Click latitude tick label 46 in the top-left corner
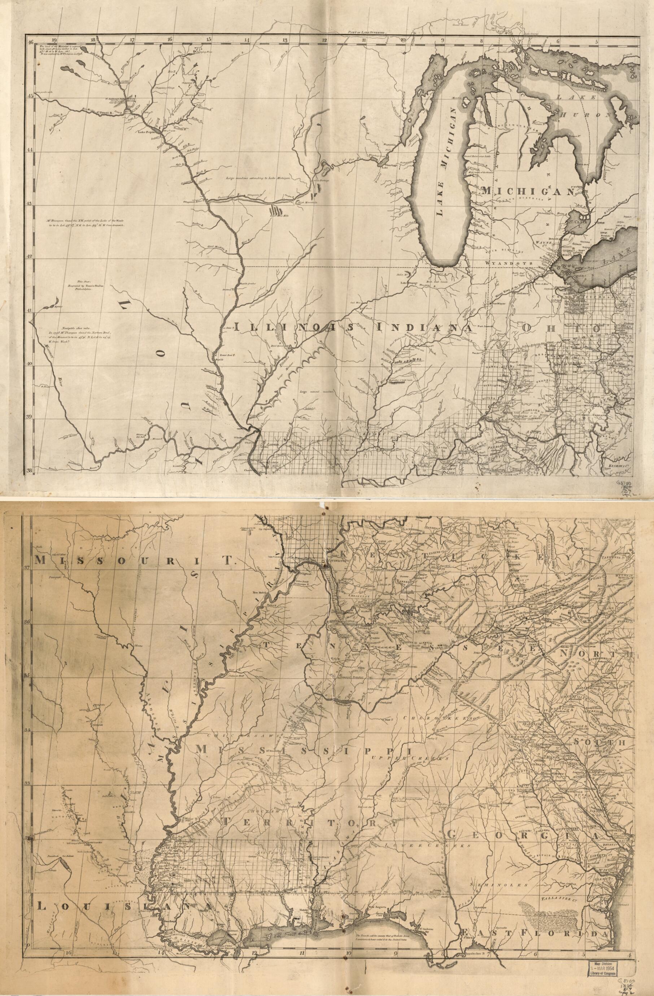31,42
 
